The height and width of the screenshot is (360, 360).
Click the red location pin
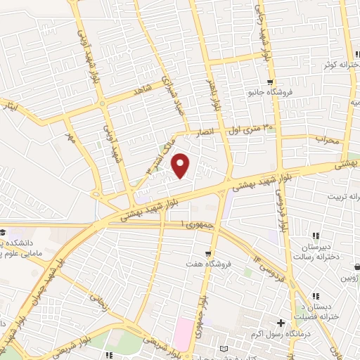tap(181, 165)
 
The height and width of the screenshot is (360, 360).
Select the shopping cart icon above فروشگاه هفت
tap(207, 253)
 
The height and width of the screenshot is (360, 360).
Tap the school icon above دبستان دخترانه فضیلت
tap(316, 296)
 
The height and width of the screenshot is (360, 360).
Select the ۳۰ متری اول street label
tap(248, 129)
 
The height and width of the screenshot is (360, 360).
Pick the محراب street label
tap(327, 139)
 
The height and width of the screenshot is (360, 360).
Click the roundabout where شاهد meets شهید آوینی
tap(103, 103)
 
